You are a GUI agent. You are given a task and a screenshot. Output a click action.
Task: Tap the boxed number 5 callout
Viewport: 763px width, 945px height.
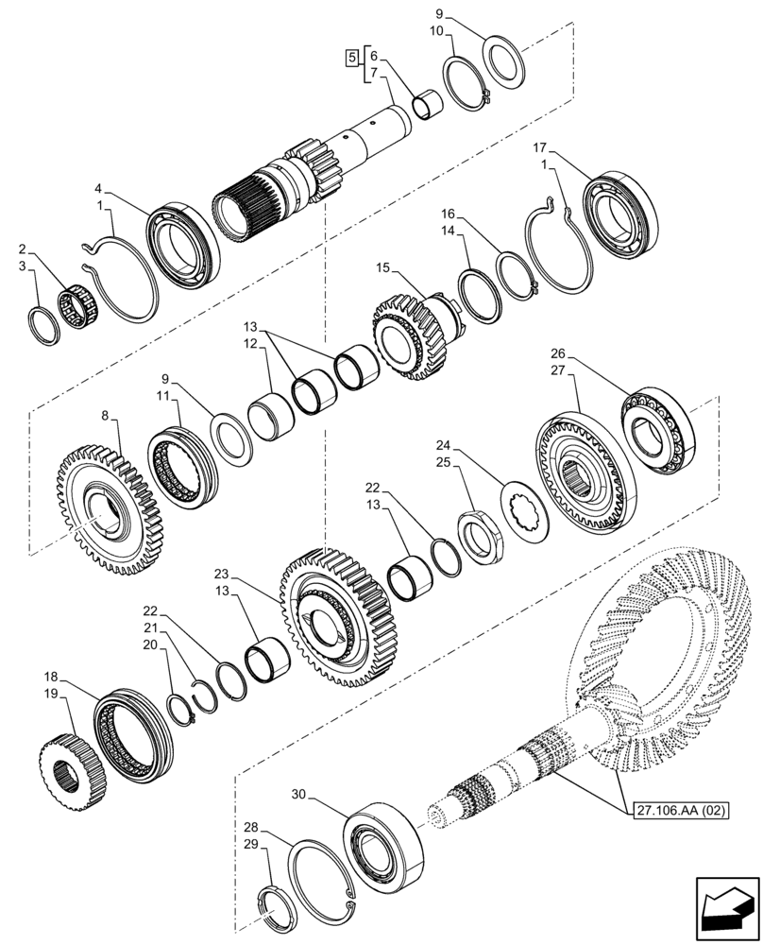352,59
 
